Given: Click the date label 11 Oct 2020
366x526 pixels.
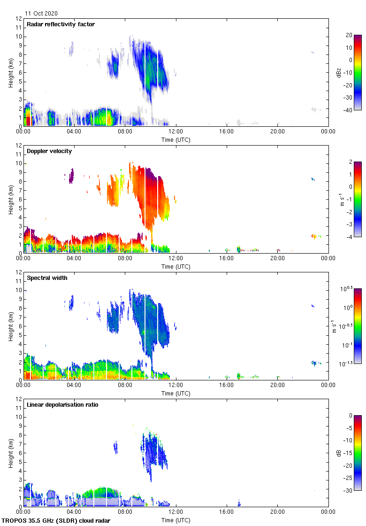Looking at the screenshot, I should (x=41, y=14).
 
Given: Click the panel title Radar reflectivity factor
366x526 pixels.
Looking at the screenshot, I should (x=61, y=24).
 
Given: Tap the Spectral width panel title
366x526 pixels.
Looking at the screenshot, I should (x=47, y=278).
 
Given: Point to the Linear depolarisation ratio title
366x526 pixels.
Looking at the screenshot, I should (x=62, y=405).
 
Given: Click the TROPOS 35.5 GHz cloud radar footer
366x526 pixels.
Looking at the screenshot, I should (x=56, y=521).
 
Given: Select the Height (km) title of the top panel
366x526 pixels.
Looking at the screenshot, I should (x=10, y=72).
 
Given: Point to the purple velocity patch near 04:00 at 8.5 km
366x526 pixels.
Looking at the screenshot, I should (x=71, y=176).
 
